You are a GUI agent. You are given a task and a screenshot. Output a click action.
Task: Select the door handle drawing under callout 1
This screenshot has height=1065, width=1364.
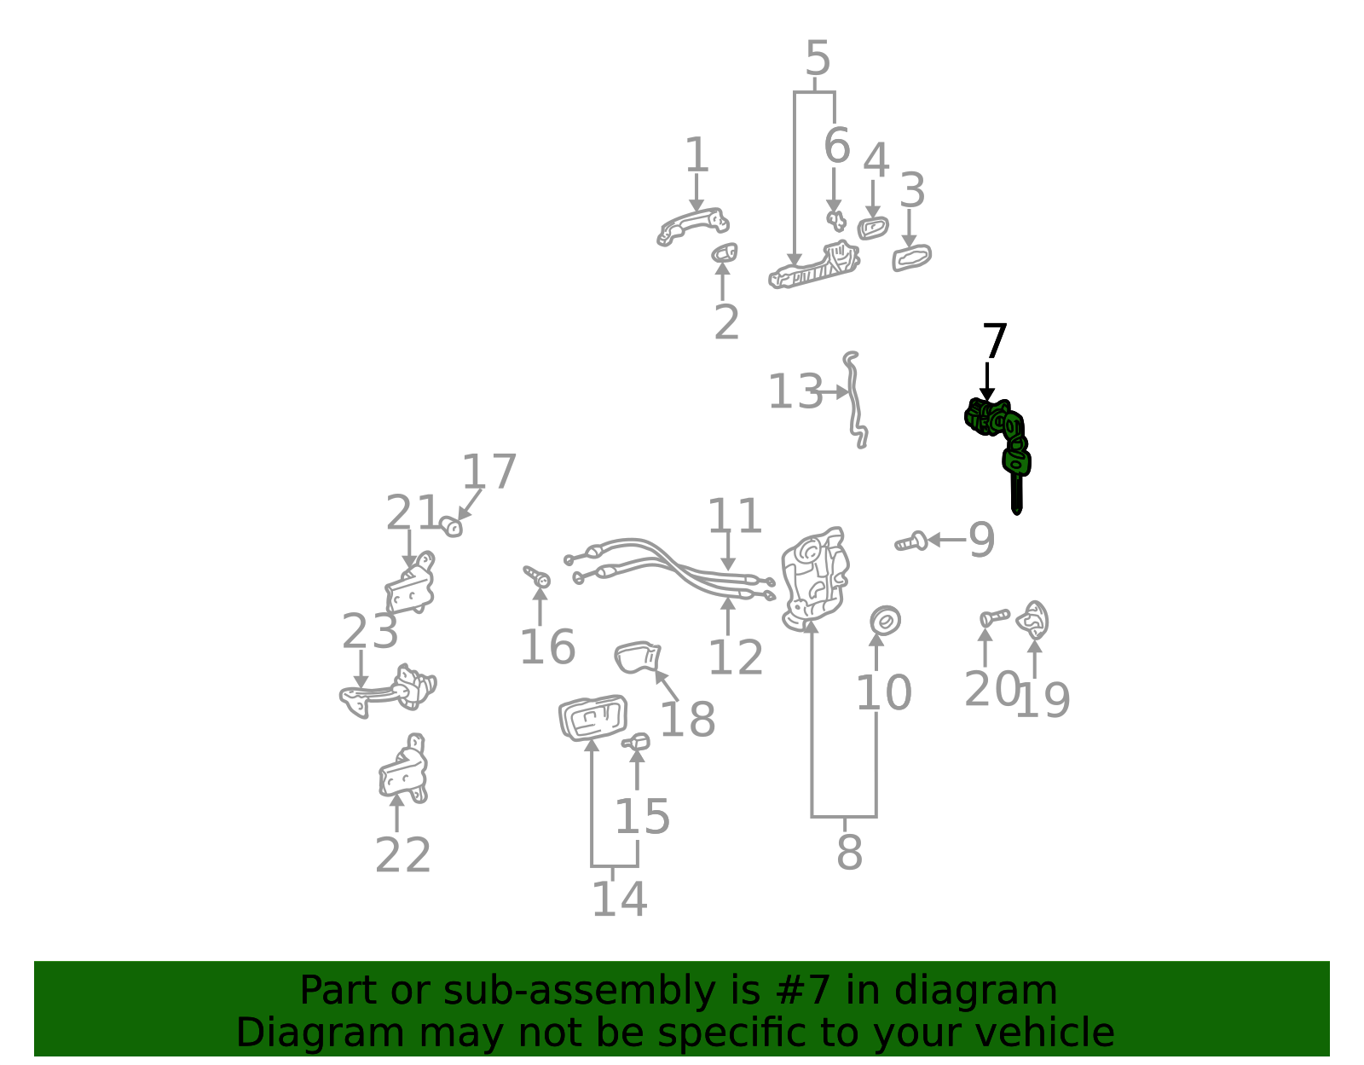click(693, 226)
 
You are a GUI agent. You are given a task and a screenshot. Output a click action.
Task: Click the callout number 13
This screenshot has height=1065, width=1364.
click(795, 391)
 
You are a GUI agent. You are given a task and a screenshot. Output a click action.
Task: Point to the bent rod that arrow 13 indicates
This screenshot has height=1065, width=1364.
click(855, 402)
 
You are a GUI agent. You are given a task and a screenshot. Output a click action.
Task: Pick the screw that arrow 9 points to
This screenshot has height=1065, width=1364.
click(911, 541)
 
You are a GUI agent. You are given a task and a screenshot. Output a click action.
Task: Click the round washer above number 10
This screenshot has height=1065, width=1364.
click(885, 621)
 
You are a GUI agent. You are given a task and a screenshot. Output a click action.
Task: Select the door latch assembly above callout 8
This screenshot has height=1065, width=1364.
click(814, 579)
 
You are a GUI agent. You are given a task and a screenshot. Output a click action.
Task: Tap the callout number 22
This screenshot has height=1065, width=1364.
click(402, 854)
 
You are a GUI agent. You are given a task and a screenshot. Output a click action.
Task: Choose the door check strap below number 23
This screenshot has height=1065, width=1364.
click(387, 691)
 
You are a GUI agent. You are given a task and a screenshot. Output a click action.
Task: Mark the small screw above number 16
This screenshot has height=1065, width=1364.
click(537, 576)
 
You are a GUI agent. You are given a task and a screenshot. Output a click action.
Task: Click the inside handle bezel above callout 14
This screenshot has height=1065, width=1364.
click(592, 717)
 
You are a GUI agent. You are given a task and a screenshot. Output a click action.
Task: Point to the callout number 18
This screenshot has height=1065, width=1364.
click(687, 719)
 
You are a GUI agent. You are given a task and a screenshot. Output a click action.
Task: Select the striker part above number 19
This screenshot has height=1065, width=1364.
click(1032, 620)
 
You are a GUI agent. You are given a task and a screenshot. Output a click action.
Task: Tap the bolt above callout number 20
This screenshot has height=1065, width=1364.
click(994, 617)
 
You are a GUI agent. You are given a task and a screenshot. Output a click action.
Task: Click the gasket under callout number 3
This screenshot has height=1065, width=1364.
click(911, 258)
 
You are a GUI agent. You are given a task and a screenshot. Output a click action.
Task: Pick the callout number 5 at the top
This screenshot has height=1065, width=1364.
click(818, 58)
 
